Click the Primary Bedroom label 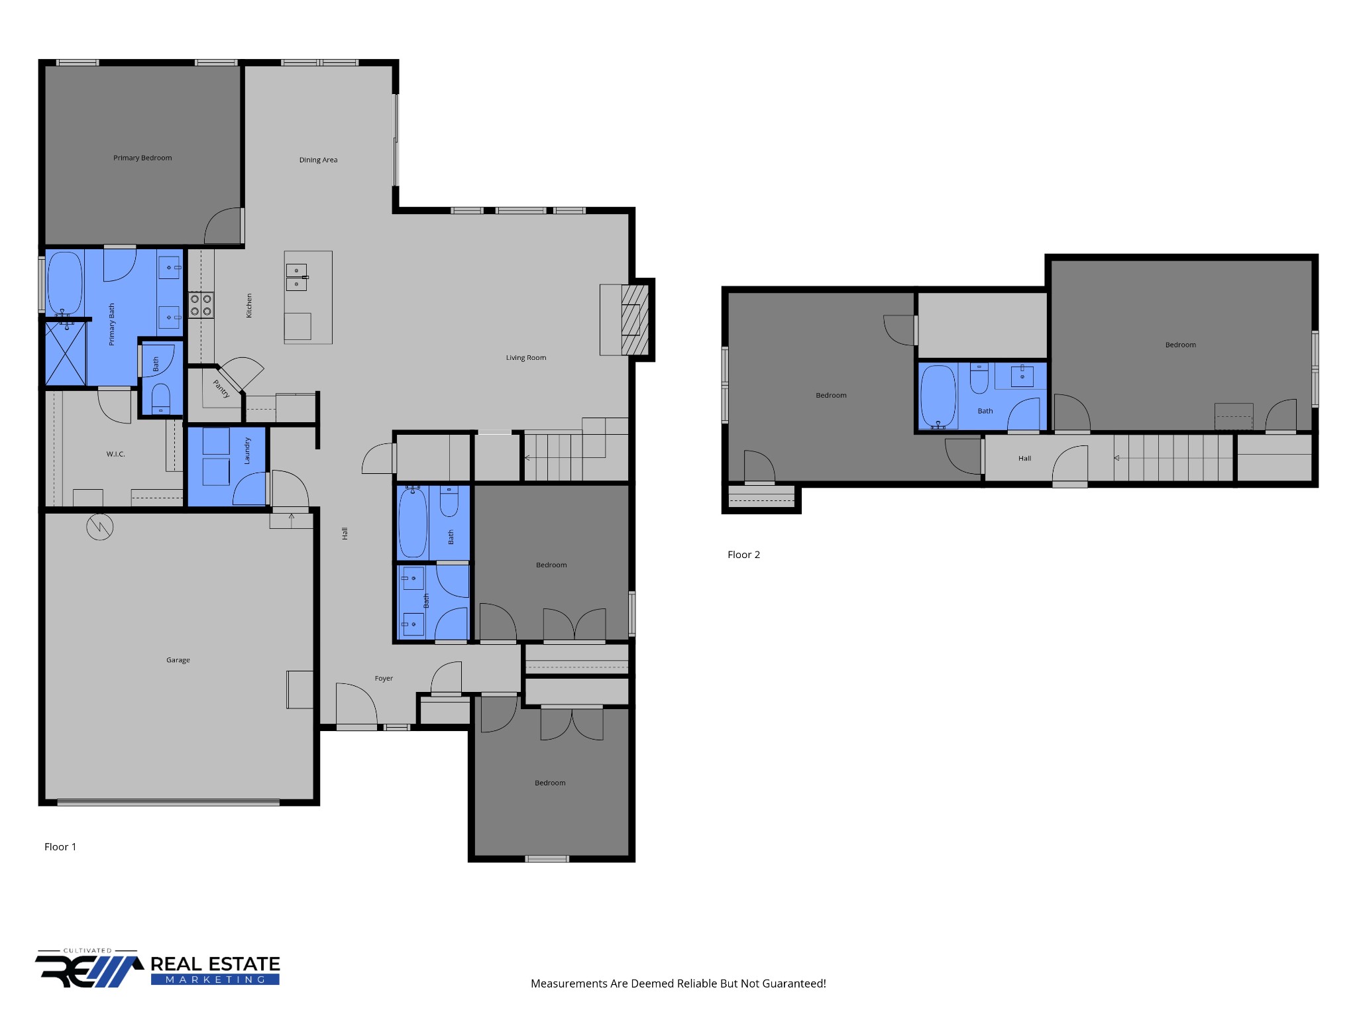tap(142, 158)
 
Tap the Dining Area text tap(318, 160)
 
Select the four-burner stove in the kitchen tap(201, 305)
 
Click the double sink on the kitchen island tap(296, 277)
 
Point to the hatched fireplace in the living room tap(634, 320)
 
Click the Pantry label tap(221, 388)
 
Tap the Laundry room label tap(247, 451)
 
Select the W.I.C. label tap(115, 454)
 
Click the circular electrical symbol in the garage tap(100, 527)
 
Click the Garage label tap(178, 660)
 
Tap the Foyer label tap(384, 678)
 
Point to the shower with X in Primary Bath tap(65, 353)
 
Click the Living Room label tap(526, 358)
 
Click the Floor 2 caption tap(743, 555)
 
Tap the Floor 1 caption tap(60, 846)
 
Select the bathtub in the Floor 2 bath tap(938, 396)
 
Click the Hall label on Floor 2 tap(1024, 459)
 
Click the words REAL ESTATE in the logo tap(215, 964)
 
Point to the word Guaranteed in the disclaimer tap(792, 984)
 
